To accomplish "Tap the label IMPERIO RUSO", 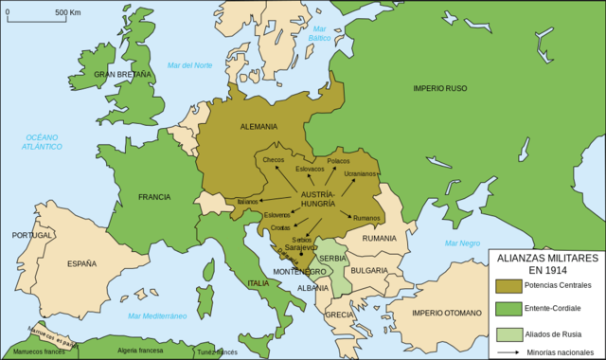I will pos(440,88).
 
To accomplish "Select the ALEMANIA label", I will pos(258,126).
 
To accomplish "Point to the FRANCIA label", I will pos(153,197).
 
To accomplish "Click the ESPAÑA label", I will pos(81,264).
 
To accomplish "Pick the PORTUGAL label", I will pos(32,235).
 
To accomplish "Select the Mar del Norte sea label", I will pos(189,64).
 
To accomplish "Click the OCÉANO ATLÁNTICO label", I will pos(44,142).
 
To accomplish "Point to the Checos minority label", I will pos(274,159).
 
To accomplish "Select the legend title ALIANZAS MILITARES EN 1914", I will pos(544,262).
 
